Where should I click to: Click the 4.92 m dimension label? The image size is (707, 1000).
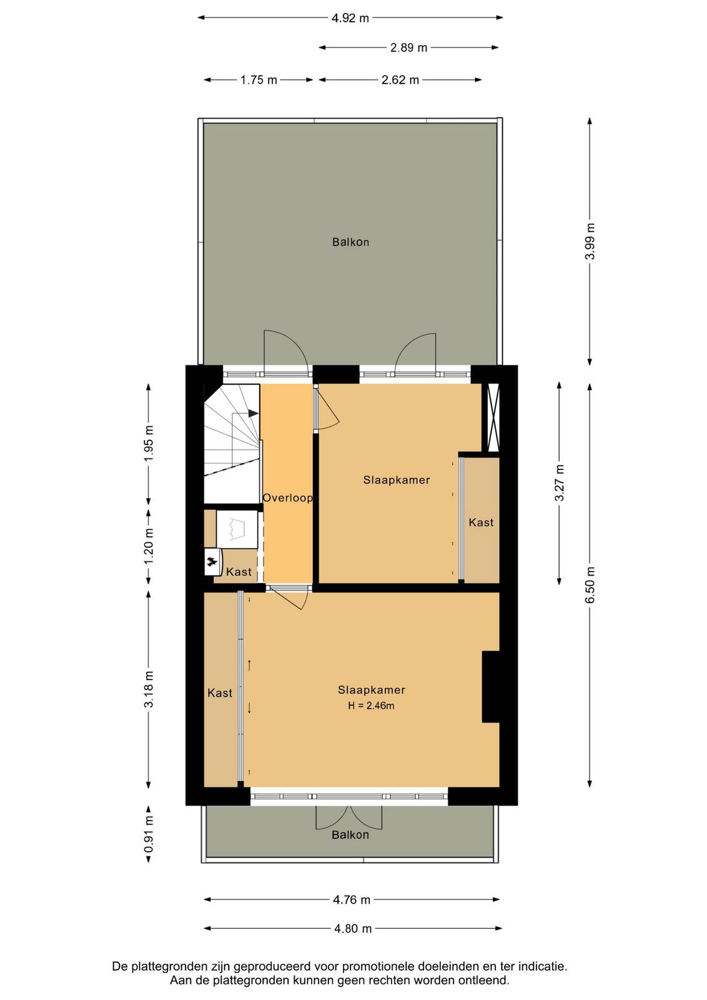pos(350,18)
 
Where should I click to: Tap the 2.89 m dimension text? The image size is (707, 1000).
pos(408,47)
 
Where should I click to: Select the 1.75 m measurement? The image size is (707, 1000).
pos(259,81)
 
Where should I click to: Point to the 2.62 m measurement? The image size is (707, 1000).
pos(400,81)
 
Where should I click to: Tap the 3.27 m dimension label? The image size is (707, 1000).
pos(560,482)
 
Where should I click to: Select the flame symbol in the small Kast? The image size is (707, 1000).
pos(212,564)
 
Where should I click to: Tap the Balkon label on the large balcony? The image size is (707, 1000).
pos(350,242)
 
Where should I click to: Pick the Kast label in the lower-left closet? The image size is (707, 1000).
pos(220,693)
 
